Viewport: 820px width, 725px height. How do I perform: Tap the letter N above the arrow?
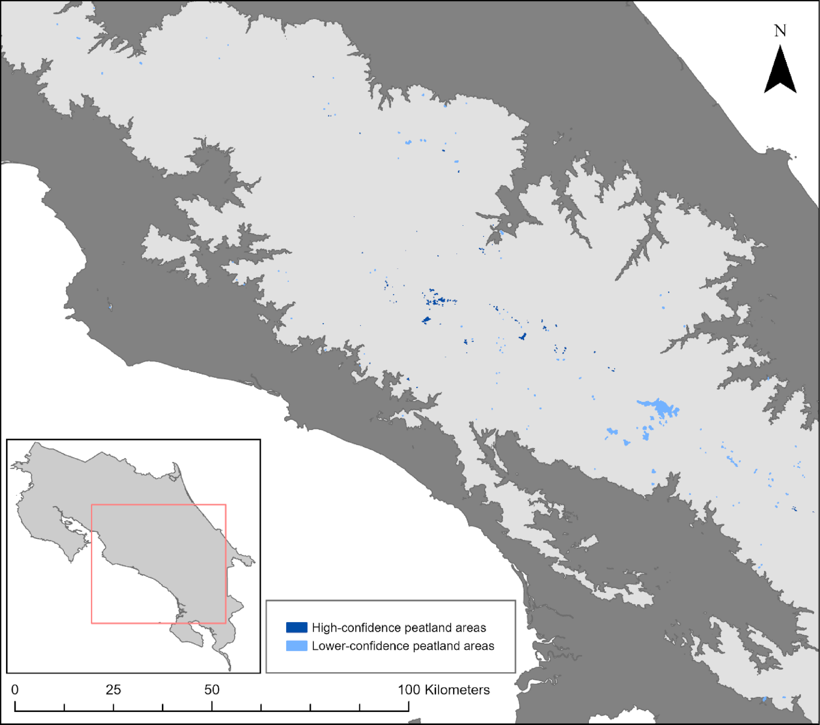[x=780, y=31]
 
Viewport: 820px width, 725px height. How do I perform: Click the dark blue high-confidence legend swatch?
[x=296, y=627]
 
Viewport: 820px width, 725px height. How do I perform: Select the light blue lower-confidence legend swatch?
[x=296, y=646]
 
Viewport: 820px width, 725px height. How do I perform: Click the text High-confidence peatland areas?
[x=398, y=628]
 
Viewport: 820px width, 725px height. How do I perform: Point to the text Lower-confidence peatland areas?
[x=402, y=646]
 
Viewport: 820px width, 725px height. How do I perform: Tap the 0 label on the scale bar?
[x=15, y=690]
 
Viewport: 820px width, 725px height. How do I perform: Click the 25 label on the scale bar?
[x=113, y=690]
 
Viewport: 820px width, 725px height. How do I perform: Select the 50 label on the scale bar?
[x=212, y=690]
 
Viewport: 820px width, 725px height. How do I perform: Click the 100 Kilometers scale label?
[x=444, y=690]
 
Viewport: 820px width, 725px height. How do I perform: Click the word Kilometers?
[x=457, y=690]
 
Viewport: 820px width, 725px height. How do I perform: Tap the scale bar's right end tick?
[x=408, y=706]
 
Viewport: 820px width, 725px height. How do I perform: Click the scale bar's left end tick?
[x=15, y=706]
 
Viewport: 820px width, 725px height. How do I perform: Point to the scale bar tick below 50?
[x=212, y=706]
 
